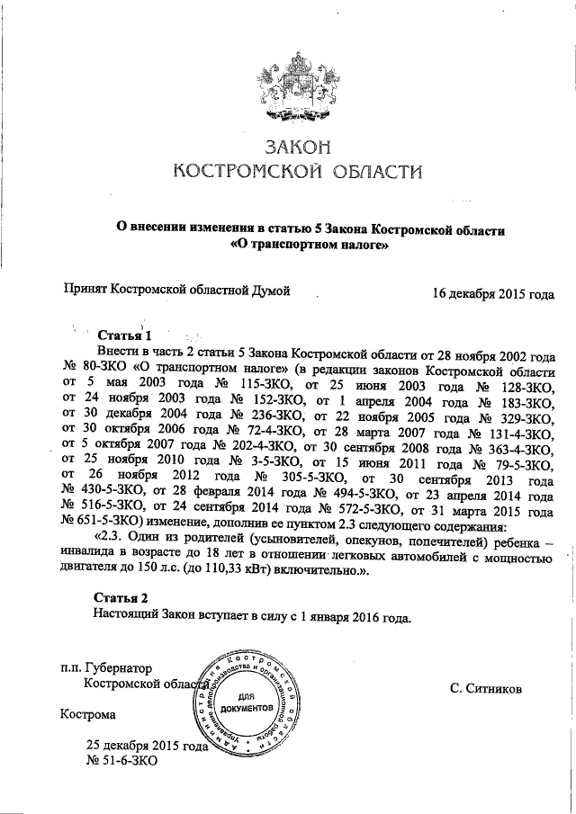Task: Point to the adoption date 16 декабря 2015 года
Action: coord(492,293)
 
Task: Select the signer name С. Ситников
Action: coord(486,688)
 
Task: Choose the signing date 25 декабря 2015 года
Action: coord(147,747)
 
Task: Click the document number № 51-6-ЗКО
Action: coord(121,763)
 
